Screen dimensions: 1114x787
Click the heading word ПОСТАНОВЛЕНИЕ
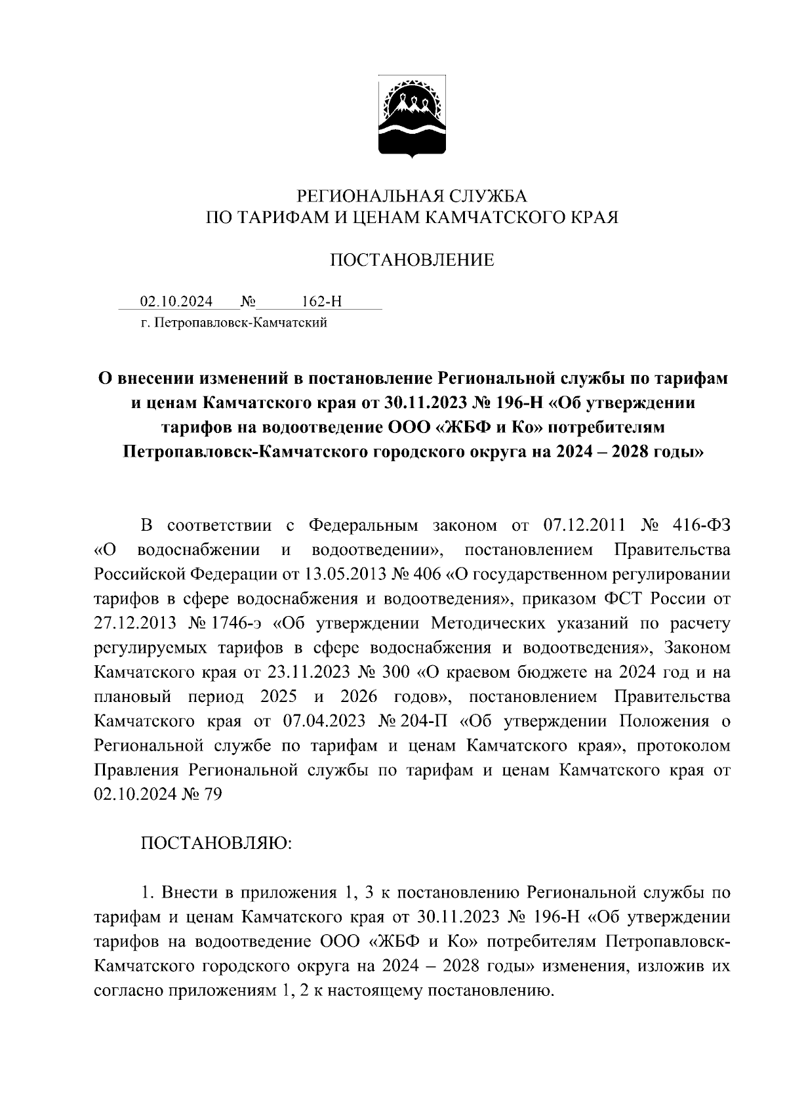411,260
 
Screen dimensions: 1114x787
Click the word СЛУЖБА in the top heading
487,195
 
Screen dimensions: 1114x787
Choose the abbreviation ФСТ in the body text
601,598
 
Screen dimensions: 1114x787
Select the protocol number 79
213,794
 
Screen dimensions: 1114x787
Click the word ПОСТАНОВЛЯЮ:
216,843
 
